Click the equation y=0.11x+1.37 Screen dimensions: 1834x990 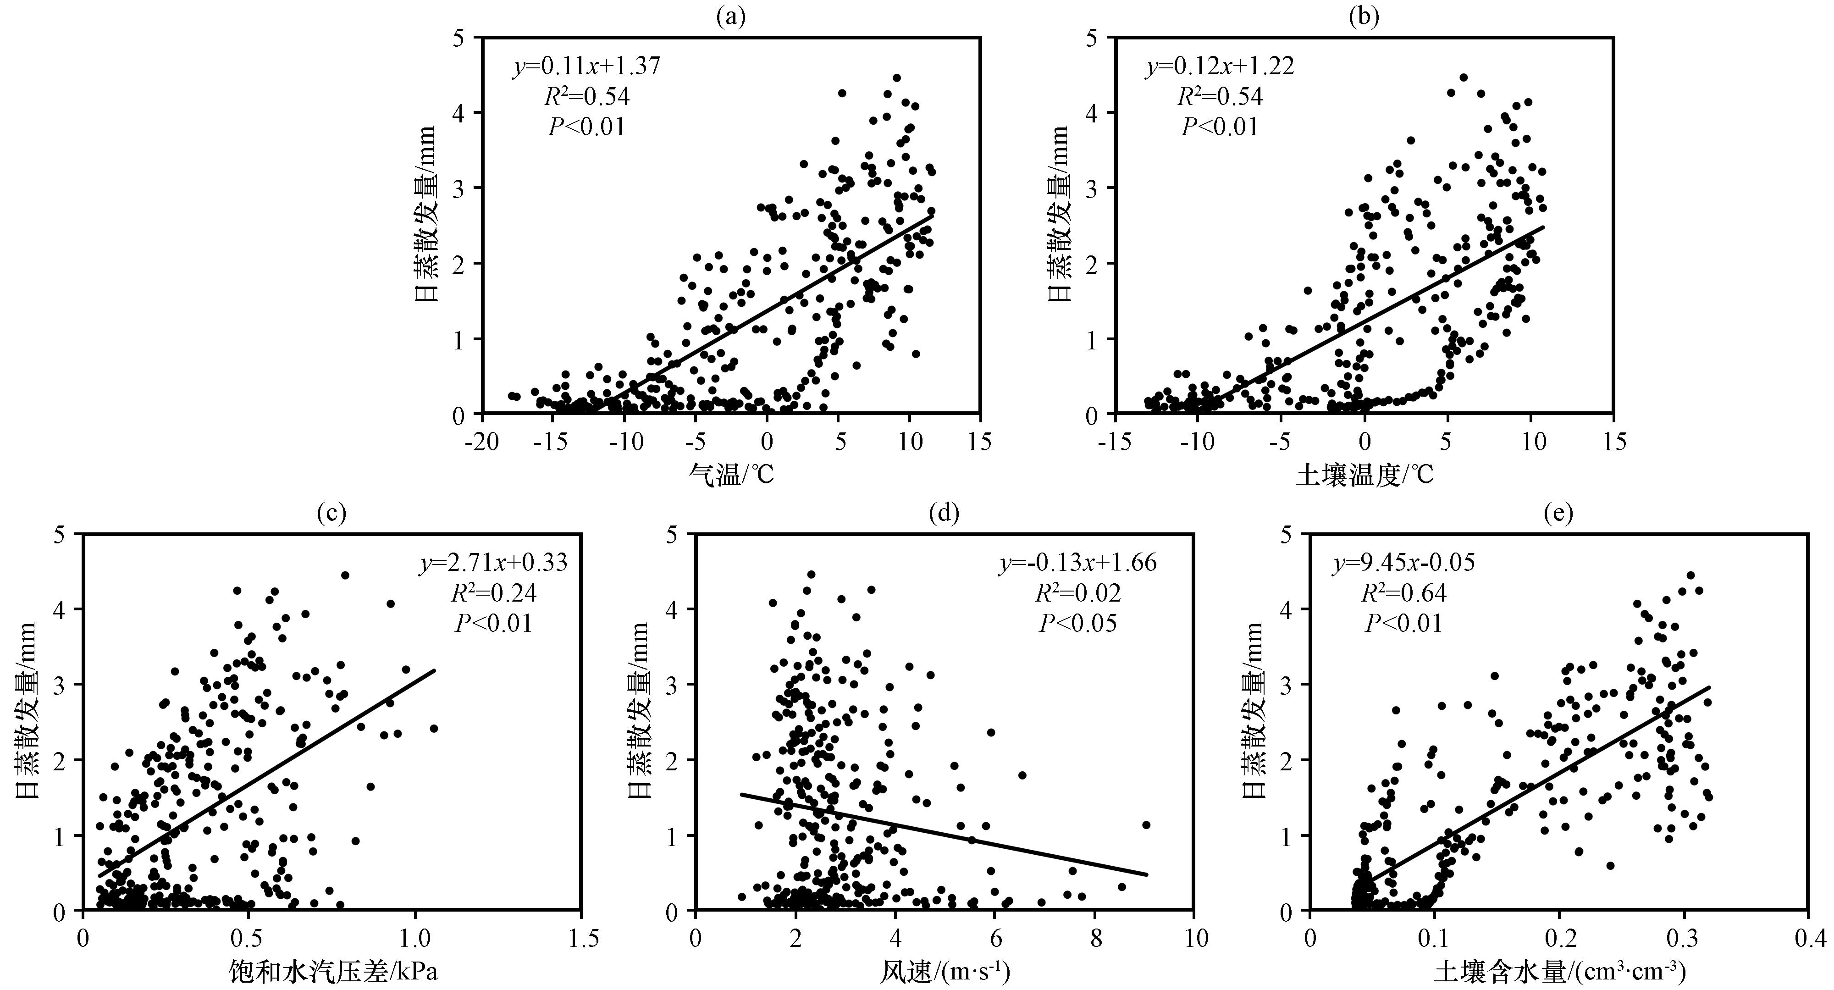pos(587,66)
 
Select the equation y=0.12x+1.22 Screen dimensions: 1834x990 pos(1220,66)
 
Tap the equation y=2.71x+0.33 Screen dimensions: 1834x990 pos(493,563)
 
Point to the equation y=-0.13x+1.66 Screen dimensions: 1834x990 pos(1078,563)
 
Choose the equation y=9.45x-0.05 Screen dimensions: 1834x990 pos(1403,563)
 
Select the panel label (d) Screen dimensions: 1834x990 pos(945,513)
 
